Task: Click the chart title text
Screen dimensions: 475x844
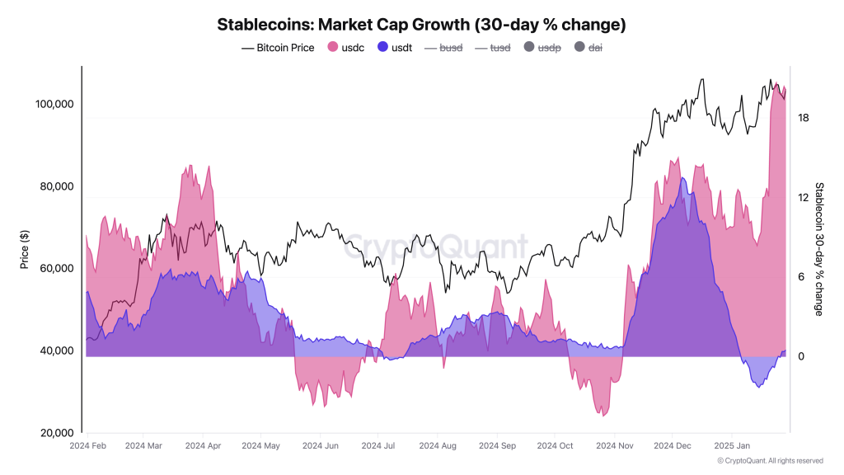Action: tap(421, 25)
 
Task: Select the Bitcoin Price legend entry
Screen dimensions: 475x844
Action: tap(278, 48)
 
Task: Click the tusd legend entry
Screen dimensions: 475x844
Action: tap(493, 48)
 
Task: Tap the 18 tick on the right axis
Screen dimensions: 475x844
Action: tap(803, 118)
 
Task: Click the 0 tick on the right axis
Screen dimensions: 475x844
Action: tap(800, 356)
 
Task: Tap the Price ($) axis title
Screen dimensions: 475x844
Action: tap(25, 250)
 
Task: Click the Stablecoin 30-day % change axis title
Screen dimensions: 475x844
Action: tap(818, 249)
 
